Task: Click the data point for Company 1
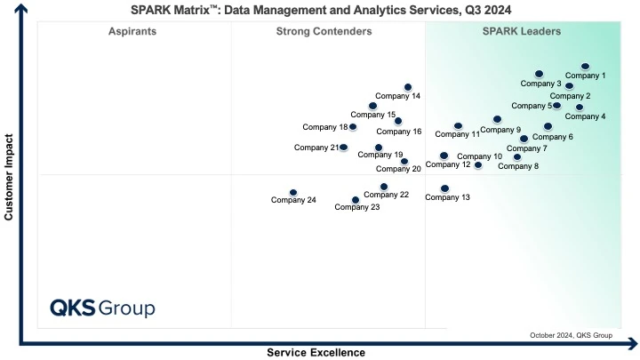(x=585, y=66)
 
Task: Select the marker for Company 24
(x=293, y=192)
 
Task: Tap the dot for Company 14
(x=408, y=87)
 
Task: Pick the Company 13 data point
(x=444, y=188)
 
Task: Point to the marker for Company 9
(x=497, y=119)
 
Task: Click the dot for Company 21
(x=344, y=148)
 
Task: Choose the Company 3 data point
(x=539, y=74)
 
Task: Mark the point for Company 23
(x=356, y=200)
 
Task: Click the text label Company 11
(x=457, y=134)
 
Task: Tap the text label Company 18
(x=324, y=127)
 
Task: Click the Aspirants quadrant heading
(x=132, y=32)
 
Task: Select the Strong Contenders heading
(x=324, y=32)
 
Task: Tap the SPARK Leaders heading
(x=521, y=32)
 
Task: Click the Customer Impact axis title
(x=10, y=177)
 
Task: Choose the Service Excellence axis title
(x=316, y=352)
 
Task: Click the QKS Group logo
(x=102, y=308)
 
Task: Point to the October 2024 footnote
(x=571, y=335)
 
